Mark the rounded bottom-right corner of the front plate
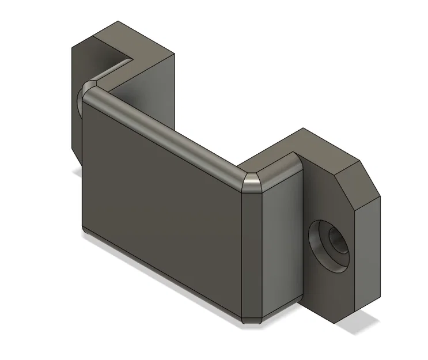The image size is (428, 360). click(x=252, y=317)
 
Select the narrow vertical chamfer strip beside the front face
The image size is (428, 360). click(x=252, y=253)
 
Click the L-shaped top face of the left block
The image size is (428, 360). click(x=130, y=40)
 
